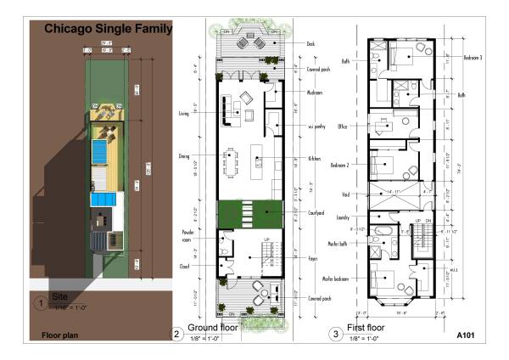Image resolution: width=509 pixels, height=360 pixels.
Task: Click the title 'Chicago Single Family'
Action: click(x=108, y=29)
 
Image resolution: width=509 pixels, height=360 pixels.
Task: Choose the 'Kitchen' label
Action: click(x=314, y=159)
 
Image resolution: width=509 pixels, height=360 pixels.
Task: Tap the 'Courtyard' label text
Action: click(x=316, y=214)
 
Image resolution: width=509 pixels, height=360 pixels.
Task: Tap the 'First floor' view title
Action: click(x=366, y=327)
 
